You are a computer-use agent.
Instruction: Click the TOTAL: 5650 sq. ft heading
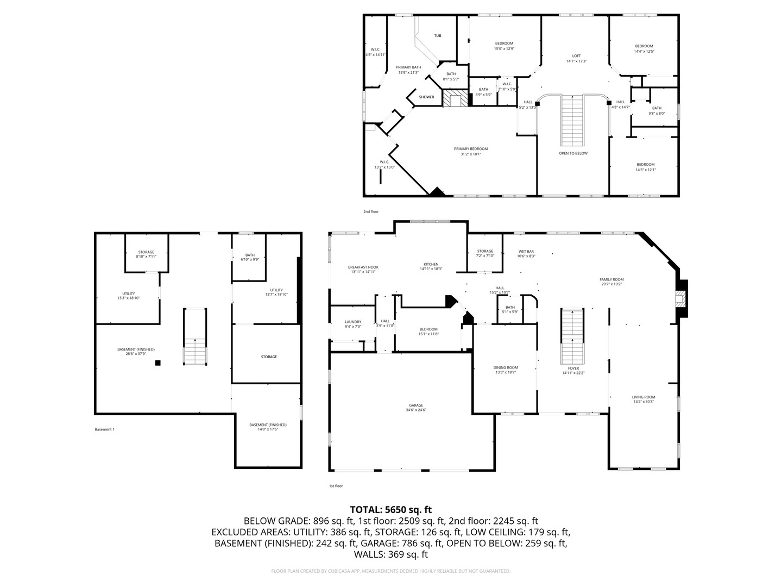click(390, 509)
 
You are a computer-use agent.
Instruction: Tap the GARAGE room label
click(416, 405)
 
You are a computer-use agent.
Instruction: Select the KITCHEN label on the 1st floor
click(431, 264)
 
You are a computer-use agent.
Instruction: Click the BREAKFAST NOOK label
click(363, 267)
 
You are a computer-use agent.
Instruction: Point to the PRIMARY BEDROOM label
click(470, 149)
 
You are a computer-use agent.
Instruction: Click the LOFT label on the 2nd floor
click(576, 55)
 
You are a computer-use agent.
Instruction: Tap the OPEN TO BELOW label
click(573, 153)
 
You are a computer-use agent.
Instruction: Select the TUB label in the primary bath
click(437, 36)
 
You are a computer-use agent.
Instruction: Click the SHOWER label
click(426, 97)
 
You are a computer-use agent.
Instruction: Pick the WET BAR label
click(526, 251)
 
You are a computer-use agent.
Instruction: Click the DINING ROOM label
click(506, 367)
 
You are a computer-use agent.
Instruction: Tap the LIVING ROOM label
click(643, 397)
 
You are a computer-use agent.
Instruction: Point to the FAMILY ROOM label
click(611, 279)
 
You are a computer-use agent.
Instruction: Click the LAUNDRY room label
click(352, 322)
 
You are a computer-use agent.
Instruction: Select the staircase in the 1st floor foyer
click(572, 337)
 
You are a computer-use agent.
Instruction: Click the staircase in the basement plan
click(194, 337)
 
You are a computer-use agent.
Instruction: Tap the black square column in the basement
click(158, 363)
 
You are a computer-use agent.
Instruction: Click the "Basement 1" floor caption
click(104, 429)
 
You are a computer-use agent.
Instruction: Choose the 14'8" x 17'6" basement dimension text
click(268, 429)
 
